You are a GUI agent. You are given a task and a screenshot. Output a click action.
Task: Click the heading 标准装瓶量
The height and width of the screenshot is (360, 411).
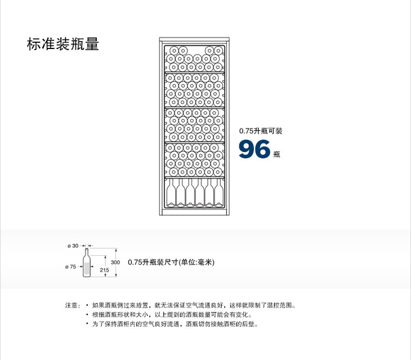62,45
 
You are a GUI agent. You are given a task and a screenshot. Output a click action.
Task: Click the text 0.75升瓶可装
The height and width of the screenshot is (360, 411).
260,131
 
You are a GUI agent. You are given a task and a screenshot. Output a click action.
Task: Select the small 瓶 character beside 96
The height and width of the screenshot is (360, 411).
276,154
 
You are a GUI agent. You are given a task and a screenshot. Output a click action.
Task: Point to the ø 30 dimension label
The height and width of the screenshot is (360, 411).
73,246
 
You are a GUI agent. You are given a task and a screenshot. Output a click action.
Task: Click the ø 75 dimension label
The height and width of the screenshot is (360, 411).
71,266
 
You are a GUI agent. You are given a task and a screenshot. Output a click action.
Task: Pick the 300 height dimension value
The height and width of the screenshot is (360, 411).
115,263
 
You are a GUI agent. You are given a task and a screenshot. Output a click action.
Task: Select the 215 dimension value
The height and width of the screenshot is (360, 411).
104,270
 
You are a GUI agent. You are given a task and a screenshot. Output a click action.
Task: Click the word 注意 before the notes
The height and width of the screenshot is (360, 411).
72,305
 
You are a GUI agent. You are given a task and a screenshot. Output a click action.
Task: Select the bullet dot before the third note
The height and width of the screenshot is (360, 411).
87,324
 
